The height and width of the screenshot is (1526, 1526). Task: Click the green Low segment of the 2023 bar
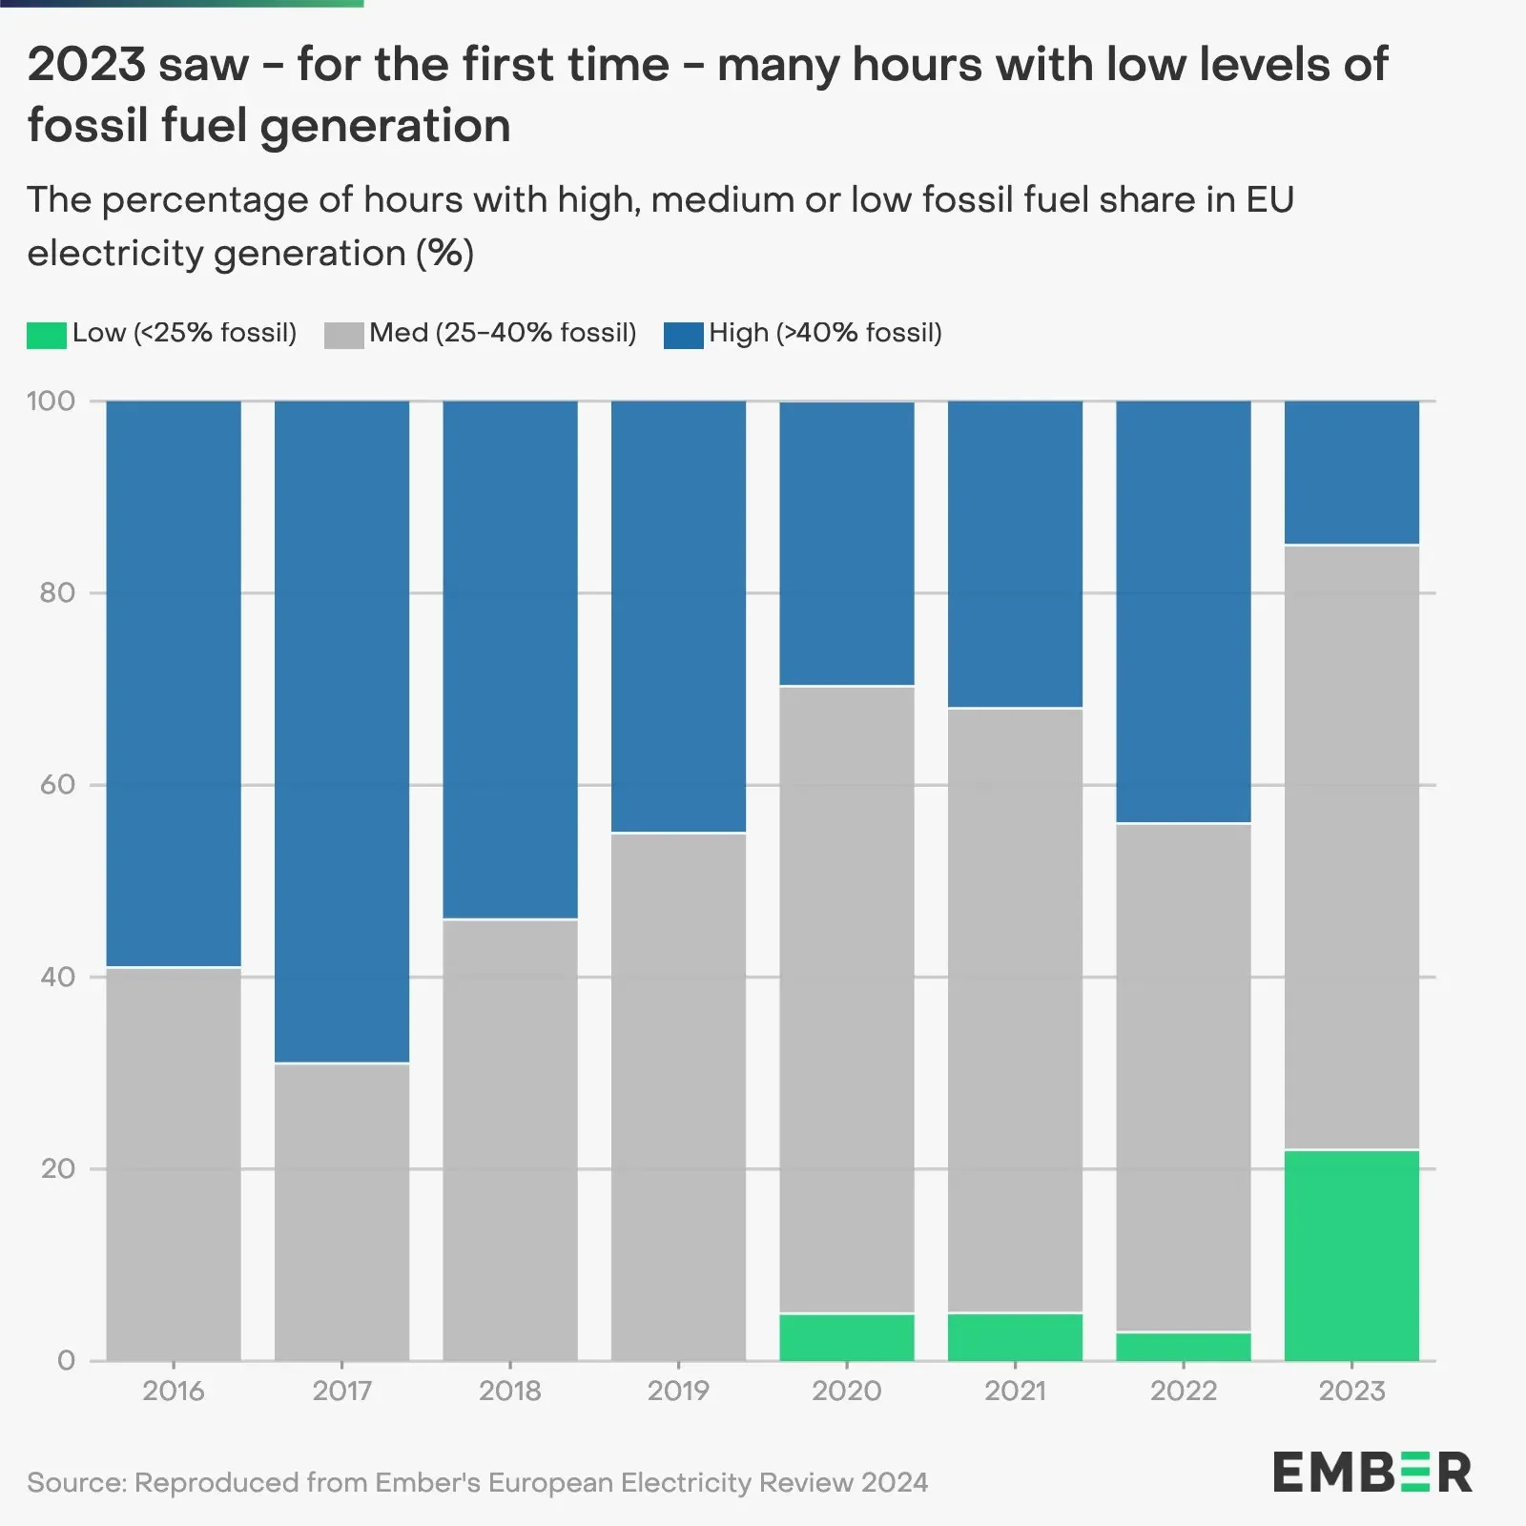(1351, 1255)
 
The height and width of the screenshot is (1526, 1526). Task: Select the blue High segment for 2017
(341, 732)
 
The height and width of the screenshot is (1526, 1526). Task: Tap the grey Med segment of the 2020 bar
(846, 1000)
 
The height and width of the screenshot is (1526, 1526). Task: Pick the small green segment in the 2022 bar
(1183, 1347)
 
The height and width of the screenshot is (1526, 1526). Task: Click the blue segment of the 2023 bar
(1351, 473)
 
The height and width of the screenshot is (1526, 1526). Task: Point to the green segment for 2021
(1015, 1337)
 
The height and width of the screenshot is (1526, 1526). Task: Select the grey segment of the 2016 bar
(173, 1164)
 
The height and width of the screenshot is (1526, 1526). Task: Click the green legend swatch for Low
(46, 335)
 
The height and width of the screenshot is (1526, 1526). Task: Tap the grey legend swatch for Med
(343, 335)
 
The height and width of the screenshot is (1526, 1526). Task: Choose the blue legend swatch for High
(683, 335)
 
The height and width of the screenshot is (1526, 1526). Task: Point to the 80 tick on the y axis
(56, 593)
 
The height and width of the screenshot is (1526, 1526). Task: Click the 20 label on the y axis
(56, 1169)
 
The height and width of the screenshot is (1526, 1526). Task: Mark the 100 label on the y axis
(51, 401)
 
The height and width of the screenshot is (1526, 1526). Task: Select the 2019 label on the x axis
(678, 1391)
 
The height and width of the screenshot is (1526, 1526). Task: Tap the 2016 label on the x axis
(173, 1391)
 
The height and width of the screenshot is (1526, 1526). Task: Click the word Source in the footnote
(75, 1482)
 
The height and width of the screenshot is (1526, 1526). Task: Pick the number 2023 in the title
(86, 65)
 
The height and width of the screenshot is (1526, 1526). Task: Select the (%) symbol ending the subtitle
(444, 254)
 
